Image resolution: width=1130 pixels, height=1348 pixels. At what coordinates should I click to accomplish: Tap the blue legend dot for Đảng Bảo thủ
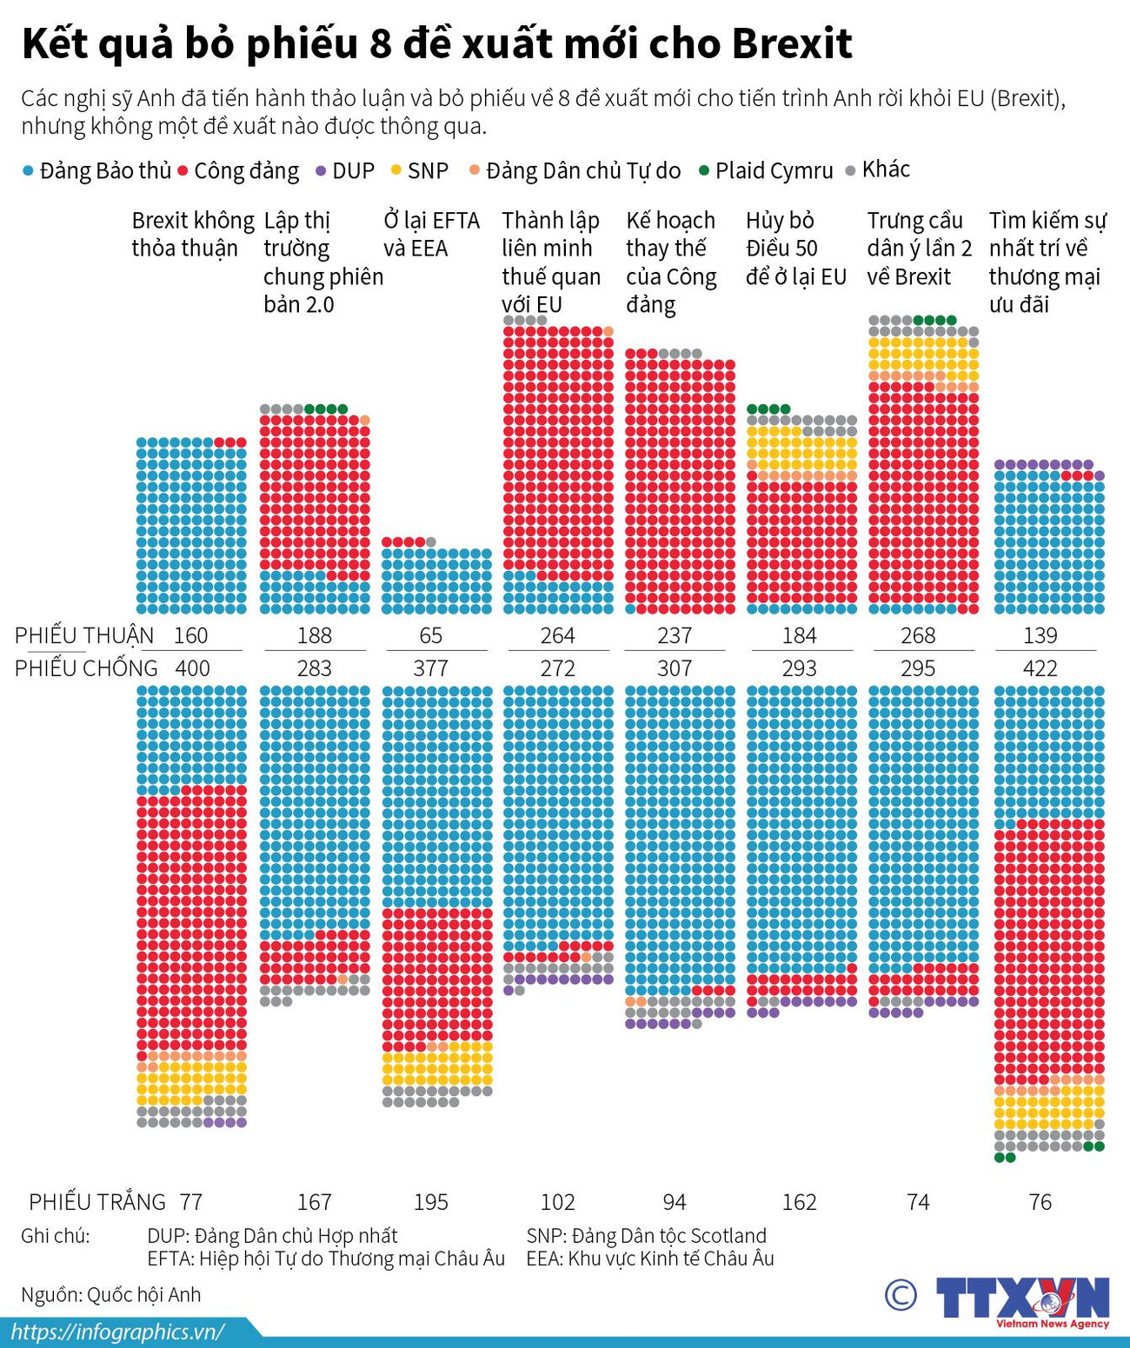point(28,171)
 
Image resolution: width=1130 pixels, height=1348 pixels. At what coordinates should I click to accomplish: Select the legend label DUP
point(353,171)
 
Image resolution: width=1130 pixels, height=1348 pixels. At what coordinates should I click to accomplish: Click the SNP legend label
point(428,171)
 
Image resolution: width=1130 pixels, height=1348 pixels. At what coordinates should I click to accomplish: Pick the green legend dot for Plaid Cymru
point(704,170)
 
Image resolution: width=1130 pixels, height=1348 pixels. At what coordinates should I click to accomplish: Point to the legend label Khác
point(885,169)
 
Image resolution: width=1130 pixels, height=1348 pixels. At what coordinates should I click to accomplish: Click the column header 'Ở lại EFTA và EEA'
point(431,235)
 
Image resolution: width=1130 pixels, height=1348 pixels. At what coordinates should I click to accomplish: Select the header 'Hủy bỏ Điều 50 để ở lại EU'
point(795,249)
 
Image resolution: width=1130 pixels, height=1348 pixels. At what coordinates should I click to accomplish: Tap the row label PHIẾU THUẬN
point(83,635)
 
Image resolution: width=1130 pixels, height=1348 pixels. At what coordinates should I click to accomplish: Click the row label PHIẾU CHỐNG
point(86,668)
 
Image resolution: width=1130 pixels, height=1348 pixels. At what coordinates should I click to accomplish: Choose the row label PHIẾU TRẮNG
point(96,1202)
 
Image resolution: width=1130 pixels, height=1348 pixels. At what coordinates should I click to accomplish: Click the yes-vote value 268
point(918,635)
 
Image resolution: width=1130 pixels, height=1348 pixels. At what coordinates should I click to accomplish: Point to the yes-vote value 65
point(431,635)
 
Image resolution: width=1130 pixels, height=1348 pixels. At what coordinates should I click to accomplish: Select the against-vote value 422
point(1040,668)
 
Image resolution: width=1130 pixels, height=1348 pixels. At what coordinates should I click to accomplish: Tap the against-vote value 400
point(191,668)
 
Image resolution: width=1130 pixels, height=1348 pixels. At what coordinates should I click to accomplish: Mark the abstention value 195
point(431,1202)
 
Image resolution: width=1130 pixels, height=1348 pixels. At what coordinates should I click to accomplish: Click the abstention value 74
point(918,1202)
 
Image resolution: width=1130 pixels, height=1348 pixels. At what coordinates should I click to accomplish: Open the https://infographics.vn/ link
point(117,1332)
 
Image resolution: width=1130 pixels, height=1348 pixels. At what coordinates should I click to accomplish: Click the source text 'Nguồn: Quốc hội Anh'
point(111,1294)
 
